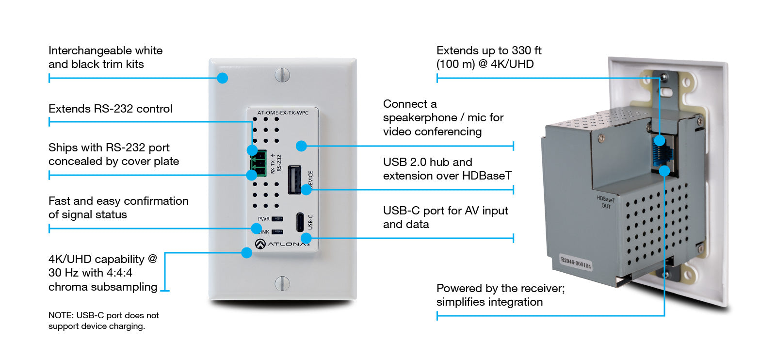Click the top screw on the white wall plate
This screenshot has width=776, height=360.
click(282, 75)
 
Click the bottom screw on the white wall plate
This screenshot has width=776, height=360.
click(282, 283)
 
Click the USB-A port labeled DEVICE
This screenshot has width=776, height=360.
click(294, 180)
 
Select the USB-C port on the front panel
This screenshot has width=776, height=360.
click(300, 222)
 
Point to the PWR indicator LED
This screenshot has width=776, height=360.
click(277, 219)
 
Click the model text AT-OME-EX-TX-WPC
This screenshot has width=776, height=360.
click(283, 113)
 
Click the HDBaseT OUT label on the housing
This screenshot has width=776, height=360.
click(606, 202)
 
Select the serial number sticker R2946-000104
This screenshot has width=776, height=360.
click(576, 262)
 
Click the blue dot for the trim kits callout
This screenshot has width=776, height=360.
click(222, 78)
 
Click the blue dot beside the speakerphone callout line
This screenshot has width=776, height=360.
click(301, 146)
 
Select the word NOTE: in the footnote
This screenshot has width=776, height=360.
click(61, 315)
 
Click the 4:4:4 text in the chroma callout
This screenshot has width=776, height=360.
click(120, 273)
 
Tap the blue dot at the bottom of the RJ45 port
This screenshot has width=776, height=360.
click(664, 171)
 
